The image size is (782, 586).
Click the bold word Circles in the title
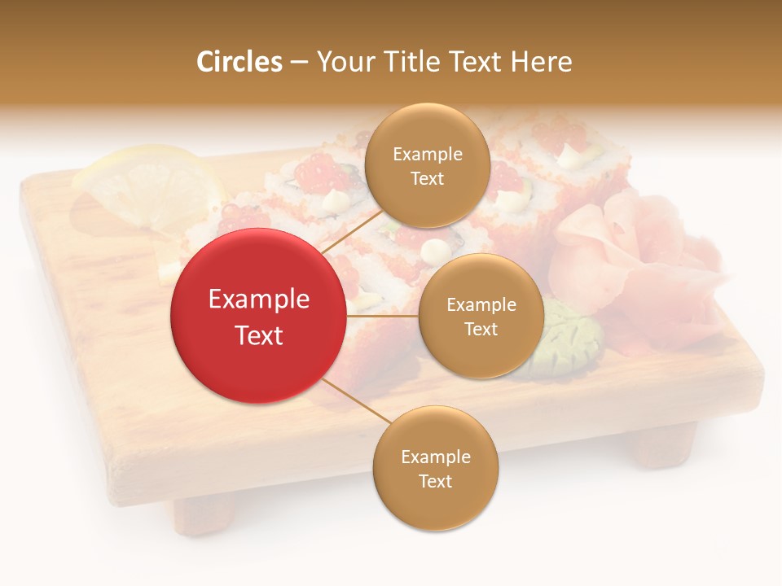point(239,62)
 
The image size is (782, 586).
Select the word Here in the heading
point(541,62)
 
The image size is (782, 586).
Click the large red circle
point(258,316)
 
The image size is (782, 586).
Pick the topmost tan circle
point(427,165)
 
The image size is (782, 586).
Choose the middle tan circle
point(481,316)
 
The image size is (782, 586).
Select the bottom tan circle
point(435,468)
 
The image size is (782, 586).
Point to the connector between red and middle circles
point(382,316)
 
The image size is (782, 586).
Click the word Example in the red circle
point(258,300)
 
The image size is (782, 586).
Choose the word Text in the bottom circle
point(435,481)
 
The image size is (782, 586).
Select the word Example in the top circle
point(427,154)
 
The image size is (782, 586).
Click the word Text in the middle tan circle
point(481,329)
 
